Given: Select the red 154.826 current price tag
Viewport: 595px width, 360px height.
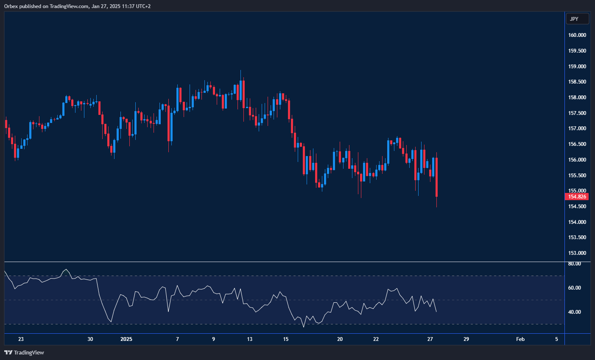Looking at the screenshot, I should [x=577, y=197].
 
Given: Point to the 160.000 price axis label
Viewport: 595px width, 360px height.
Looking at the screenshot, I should [x=577, y=35].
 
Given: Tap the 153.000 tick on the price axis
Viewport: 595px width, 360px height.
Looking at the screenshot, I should [x=577, y=253].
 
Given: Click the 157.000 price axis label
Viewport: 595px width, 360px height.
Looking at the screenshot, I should [x=577, y=128].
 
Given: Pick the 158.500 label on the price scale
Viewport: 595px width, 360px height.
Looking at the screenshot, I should [x=577, y=82].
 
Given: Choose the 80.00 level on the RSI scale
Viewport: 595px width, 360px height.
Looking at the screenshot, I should [x=575, y=264].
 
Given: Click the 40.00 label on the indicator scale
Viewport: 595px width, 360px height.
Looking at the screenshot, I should [x=575, y=312].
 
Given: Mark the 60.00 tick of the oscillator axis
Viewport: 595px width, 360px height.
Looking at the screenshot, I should [x=575, y=288].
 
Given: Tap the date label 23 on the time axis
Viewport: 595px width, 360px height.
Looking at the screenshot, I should [x=21, y=339].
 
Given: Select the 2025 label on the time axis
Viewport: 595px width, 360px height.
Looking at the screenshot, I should [x=126, y=339].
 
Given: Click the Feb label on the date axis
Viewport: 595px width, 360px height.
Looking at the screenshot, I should [x=520, y=339].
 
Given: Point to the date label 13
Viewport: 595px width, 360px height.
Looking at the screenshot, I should [x=250, y=339].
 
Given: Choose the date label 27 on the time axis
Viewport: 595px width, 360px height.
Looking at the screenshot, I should [x=430, y=339].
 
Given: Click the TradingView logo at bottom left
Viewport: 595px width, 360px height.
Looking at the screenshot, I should [x=24, y=352].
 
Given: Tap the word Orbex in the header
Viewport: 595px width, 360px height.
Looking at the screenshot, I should [x=11, y=6].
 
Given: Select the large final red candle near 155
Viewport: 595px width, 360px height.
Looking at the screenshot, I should [x=436, y=177].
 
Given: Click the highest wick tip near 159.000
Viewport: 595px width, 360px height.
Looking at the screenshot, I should [x=240, y=71].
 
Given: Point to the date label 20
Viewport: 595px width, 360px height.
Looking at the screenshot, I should [x=340, y=339].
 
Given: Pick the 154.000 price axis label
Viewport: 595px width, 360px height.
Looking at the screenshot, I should [x=577, y=222].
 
